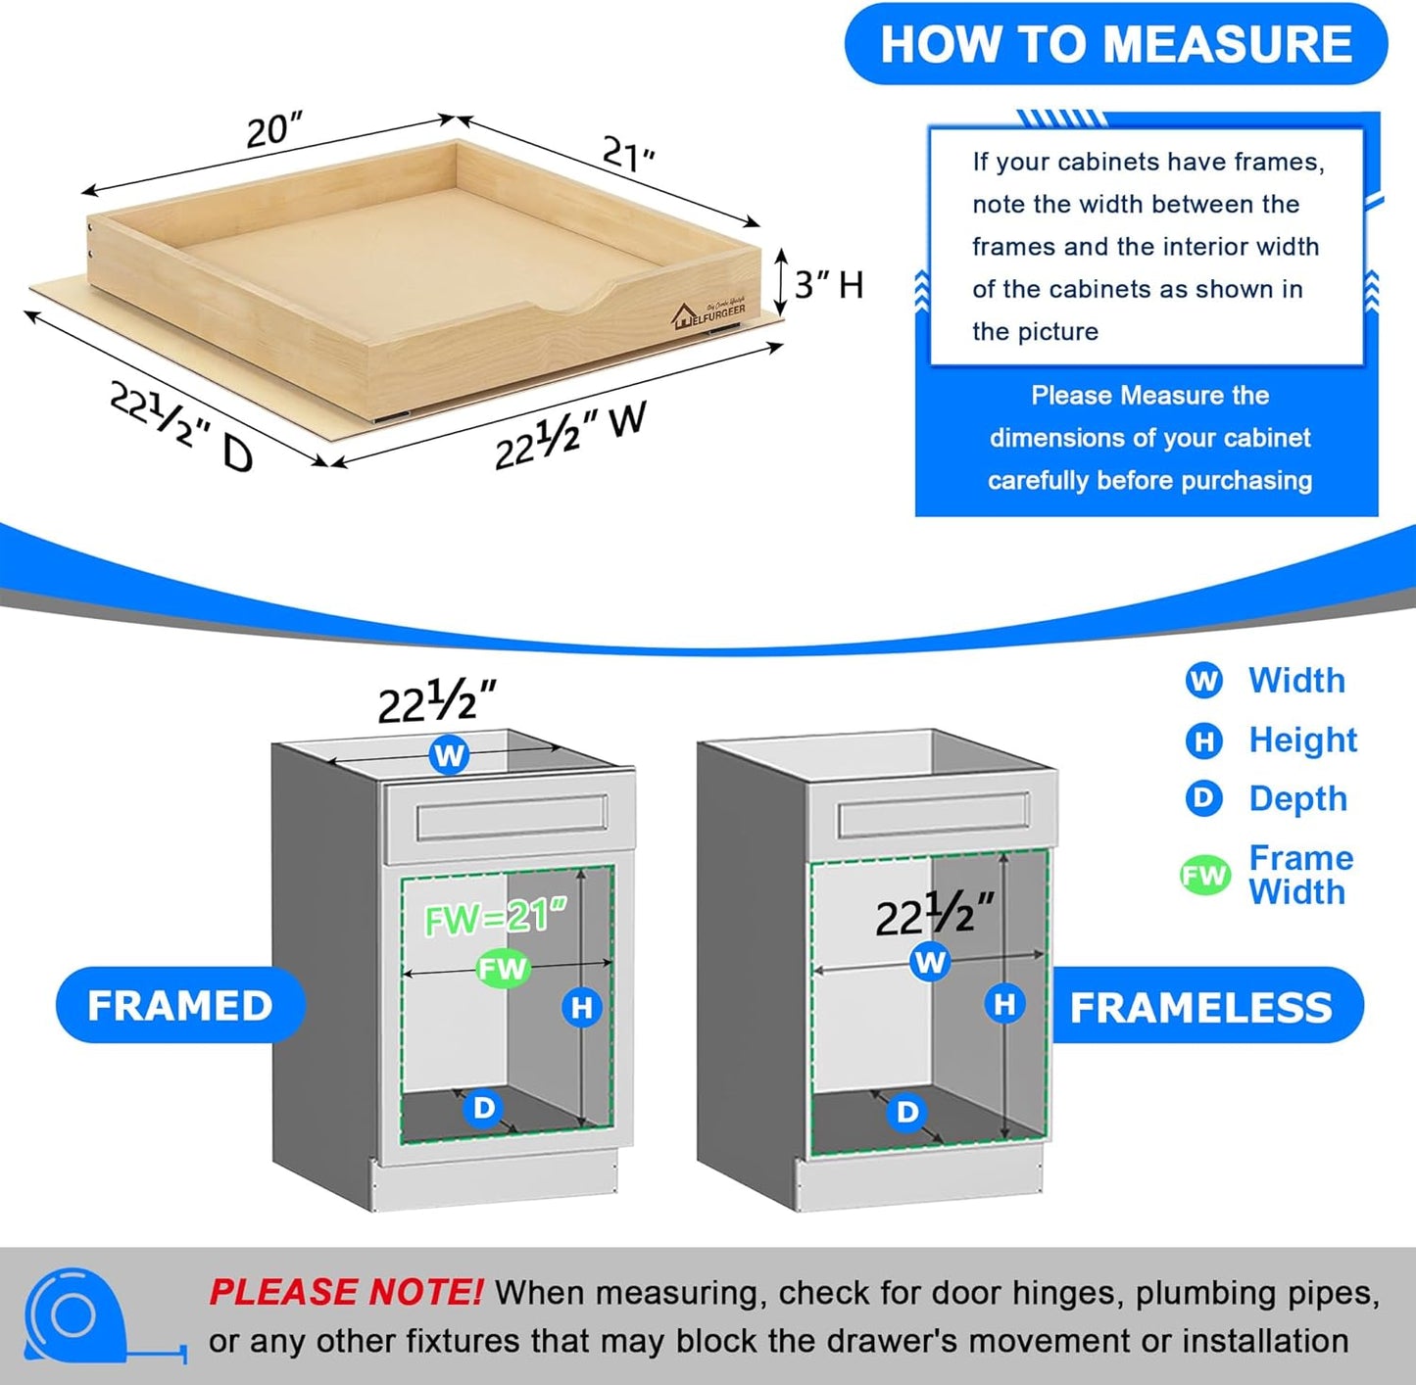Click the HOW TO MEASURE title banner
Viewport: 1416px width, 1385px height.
1115,45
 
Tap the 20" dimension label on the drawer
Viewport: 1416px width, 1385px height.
273,129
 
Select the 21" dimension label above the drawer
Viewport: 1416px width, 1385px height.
628,154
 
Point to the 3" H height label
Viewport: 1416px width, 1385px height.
828,285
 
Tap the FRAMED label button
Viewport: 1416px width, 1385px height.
180,1006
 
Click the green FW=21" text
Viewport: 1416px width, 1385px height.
495,918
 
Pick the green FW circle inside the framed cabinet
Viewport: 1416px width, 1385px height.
503,969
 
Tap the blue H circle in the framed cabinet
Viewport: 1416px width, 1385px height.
582,1007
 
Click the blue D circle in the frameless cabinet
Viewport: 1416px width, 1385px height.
907,1112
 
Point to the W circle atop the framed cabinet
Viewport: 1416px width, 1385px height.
449,755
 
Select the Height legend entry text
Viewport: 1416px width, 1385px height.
1302,740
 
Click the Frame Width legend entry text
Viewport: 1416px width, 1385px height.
1300,875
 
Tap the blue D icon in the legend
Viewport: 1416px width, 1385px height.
1203,799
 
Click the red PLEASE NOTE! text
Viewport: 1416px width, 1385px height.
345,1293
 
